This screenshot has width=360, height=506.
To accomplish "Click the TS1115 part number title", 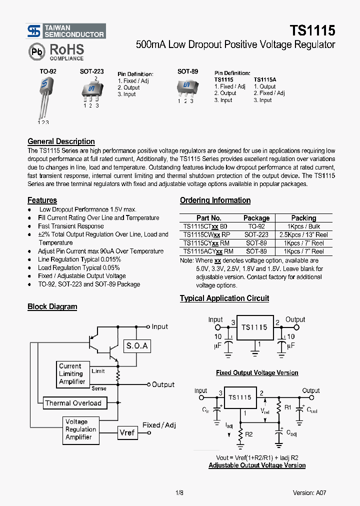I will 312,31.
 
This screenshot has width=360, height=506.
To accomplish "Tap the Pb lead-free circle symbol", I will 35,51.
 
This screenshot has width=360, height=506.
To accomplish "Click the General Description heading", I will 61,141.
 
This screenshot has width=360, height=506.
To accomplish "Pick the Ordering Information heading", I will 215,200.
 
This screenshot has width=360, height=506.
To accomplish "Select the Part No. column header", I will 209,218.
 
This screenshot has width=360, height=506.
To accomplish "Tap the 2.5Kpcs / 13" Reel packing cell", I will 303,234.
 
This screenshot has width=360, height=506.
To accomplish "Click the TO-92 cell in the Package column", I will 256,226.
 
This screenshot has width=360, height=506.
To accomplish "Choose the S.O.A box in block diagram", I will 137,345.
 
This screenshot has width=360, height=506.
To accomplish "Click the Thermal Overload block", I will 73,403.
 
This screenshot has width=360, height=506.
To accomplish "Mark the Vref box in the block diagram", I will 127,432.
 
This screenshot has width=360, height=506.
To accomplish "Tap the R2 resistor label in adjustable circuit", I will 249,434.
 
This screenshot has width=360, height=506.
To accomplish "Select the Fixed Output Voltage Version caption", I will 257,373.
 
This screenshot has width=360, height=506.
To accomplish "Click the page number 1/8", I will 179,492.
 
